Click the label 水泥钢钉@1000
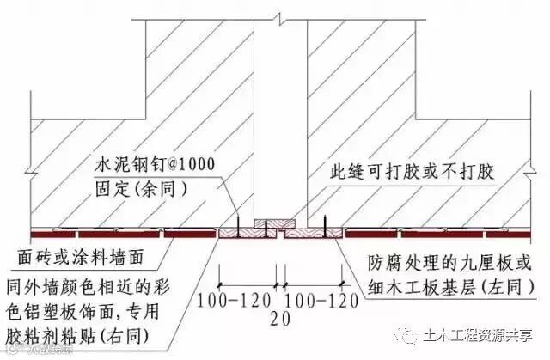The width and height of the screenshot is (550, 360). pos(152,162)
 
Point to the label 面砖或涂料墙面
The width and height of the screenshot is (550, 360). pos(81,256)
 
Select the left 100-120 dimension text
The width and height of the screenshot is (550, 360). pos(235,301)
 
